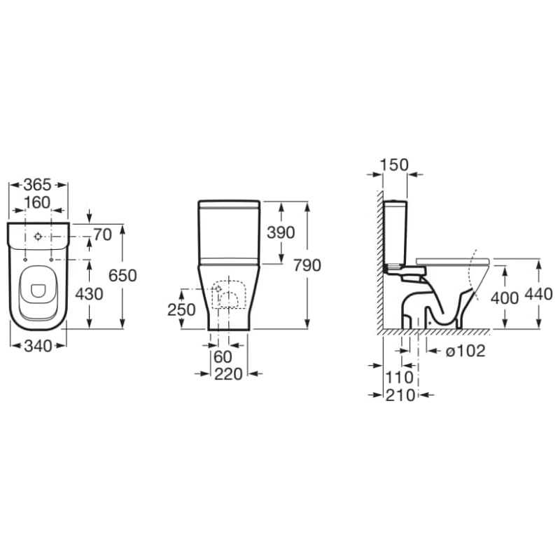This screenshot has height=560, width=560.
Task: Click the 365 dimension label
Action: click(x=38, y=185)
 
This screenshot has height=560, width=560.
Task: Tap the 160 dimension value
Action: click(x=37, y=202)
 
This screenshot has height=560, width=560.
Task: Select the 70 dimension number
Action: click(x=103, y=234)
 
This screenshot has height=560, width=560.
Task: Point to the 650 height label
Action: click(x=122, y=275)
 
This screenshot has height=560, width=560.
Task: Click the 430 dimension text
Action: click(x=89, y=294)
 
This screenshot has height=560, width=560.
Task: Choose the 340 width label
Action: click(x=38, y=346)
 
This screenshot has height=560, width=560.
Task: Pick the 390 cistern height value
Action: click(x=281, y=232)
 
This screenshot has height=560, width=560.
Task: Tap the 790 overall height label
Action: click(x=307, y=265)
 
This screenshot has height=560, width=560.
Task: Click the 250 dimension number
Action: click(x=181, y=309)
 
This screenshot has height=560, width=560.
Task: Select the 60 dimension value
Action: click(x=223, y=356)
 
